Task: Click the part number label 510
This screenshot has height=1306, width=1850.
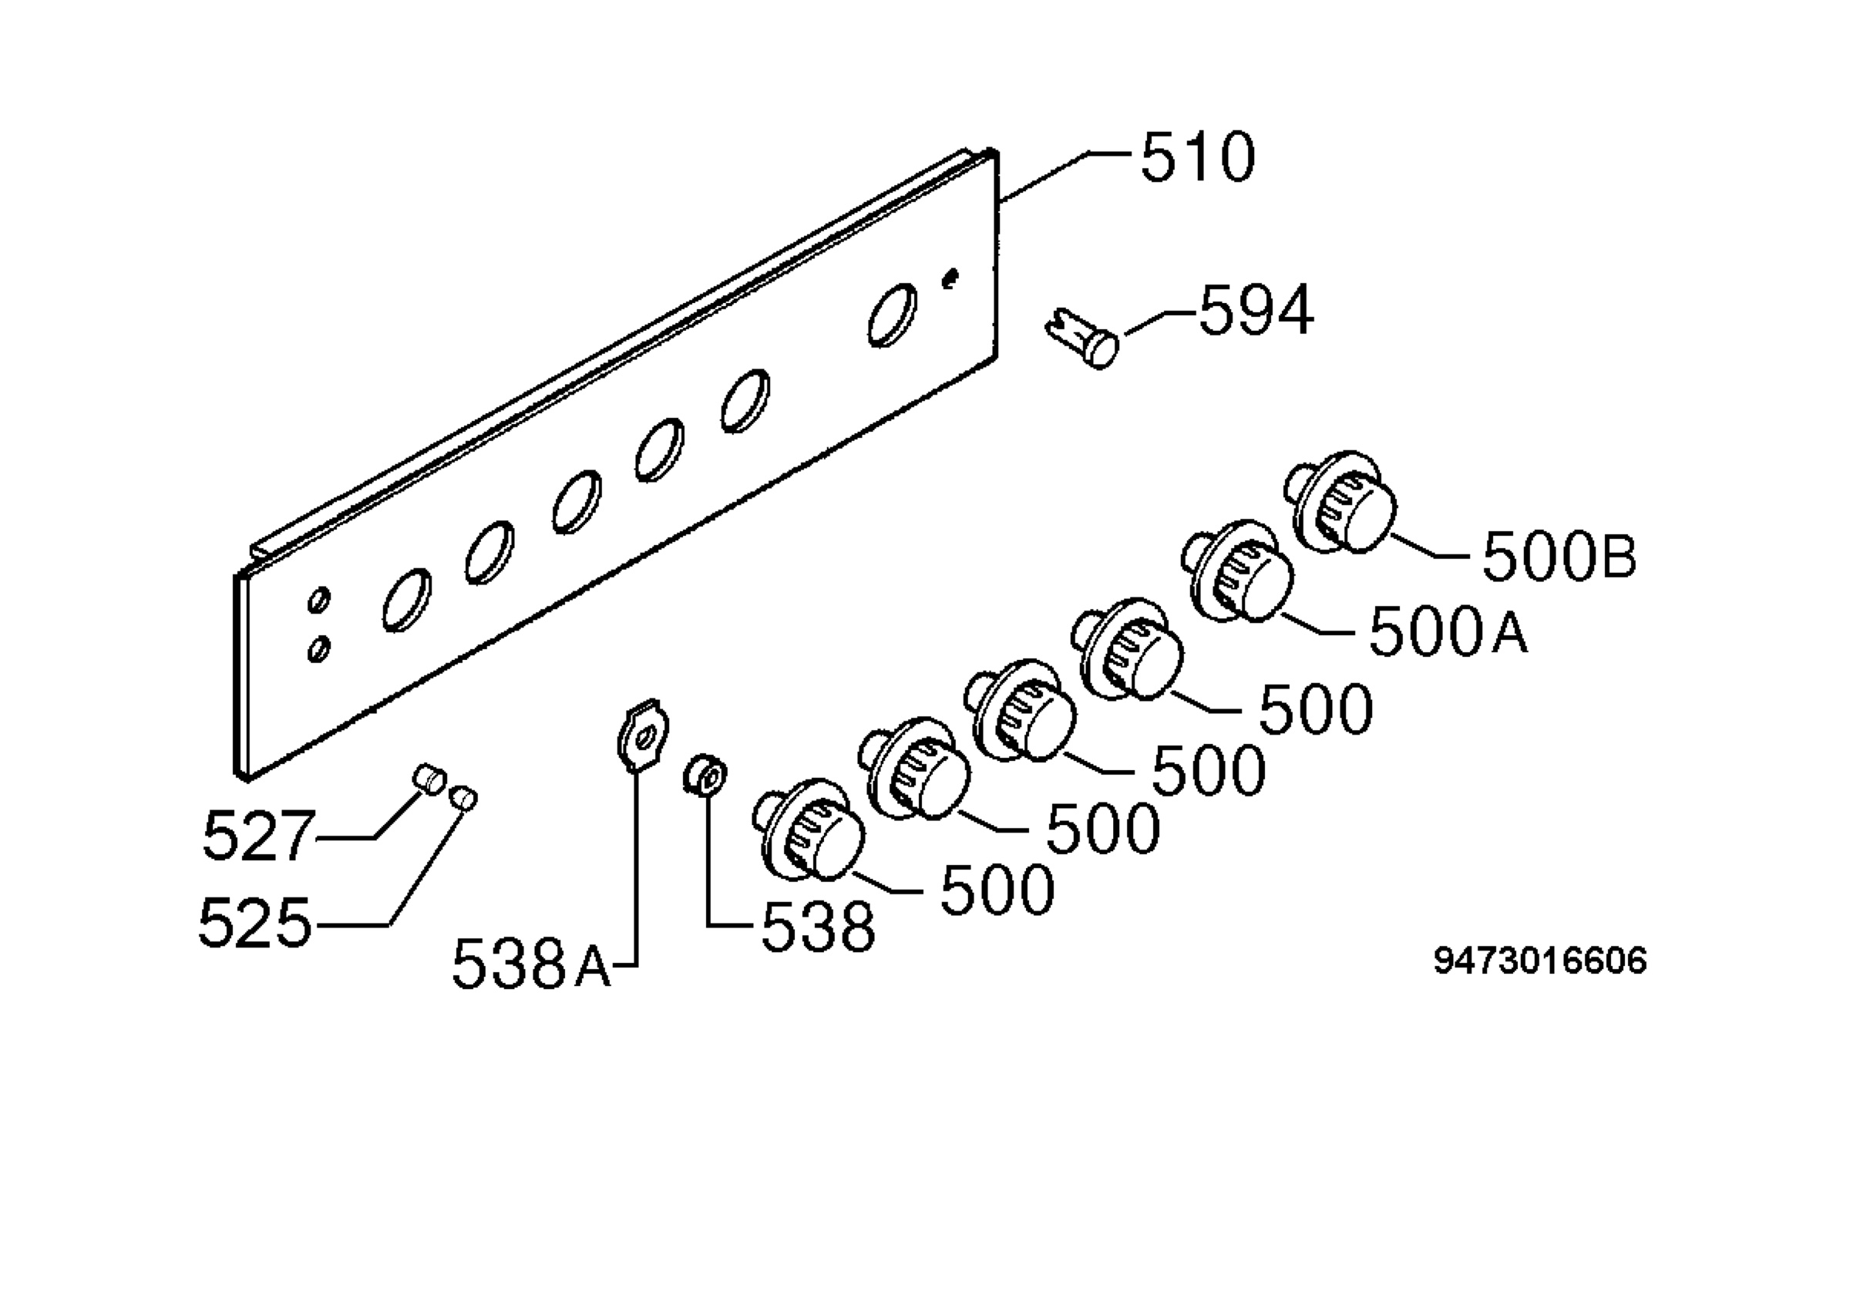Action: [x=1197, y=157]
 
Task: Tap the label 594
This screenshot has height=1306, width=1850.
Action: [x=1256, y=310]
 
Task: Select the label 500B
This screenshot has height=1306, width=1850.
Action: [x=1559, y=557]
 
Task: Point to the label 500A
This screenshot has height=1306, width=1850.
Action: [x=1447, y=632]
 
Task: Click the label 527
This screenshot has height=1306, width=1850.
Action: [x=256, y=836]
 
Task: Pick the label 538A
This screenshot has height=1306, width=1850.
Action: [x=531, y=964]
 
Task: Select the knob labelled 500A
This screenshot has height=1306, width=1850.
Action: [x=1237, y=571]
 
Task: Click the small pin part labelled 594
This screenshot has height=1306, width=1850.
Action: [x=1082, y=339]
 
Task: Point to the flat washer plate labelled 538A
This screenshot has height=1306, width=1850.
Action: [x=642, y=735]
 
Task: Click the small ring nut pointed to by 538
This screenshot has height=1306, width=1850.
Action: [x=705, y=774]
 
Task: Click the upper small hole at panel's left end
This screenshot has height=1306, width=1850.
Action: [x=319, y=600]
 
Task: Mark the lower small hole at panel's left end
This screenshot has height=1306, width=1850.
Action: [x=319, y=648]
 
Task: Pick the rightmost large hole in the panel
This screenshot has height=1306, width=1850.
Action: [x=892, y=315]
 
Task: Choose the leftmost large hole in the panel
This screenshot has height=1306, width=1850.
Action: [x=407, y=601]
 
